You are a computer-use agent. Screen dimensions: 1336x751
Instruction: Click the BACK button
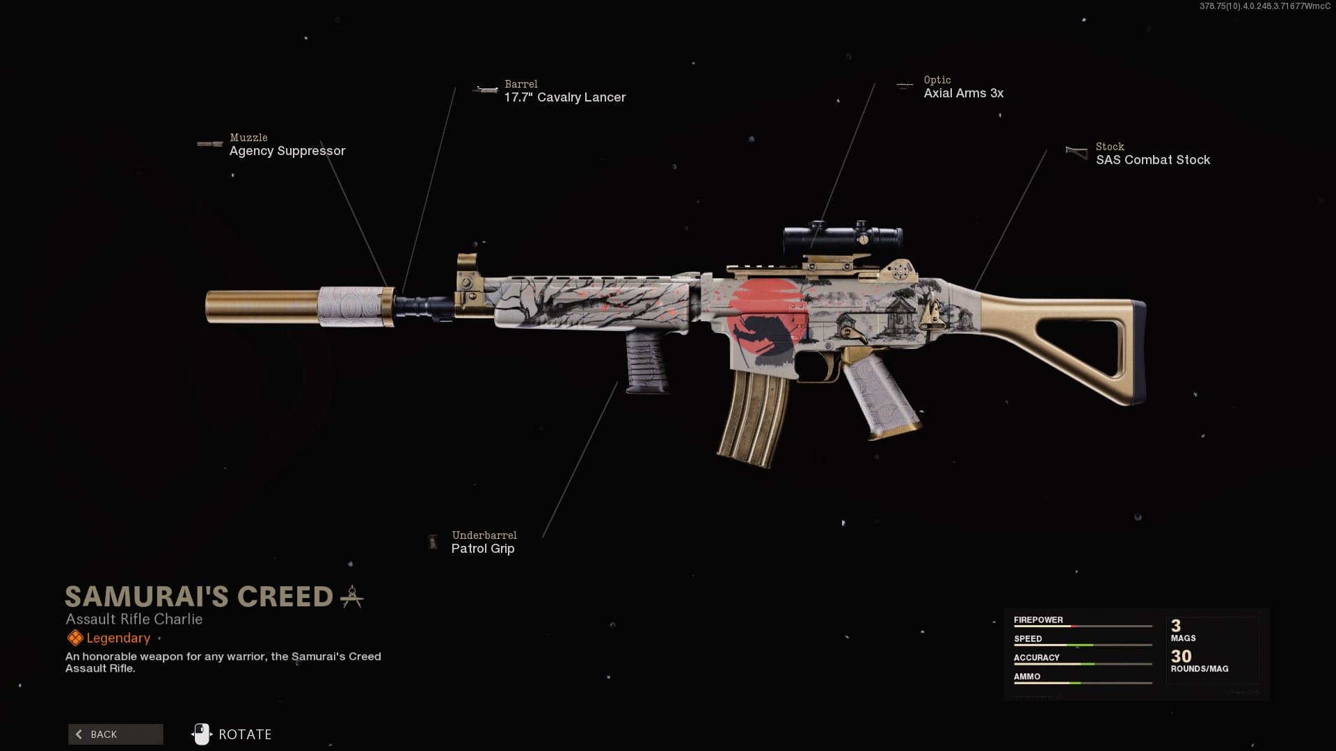tap(116, 734)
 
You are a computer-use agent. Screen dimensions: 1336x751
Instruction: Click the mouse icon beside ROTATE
tap(202, 734)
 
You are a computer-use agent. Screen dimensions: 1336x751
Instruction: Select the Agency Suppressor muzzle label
tap(287, 151)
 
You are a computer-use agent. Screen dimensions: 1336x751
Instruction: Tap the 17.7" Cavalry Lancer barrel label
tap(565, 97)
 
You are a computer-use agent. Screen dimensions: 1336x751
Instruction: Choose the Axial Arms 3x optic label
tap(964, 93)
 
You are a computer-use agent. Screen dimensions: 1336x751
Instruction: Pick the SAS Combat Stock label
tap(1153, 160)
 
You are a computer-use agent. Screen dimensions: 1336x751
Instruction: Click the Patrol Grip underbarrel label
tap(483, 549)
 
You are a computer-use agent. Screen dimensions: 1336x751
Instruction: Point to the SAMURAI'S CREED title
tap(199, 597)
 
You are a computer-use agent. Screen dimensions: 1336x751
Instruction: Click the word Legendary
tap(118, 638)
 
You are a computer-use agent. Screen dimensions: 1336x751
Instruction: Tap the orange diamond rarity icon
tap(75, 638)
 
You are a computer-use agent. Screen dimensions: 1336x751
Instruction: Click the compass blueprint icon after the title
tap(352, 597)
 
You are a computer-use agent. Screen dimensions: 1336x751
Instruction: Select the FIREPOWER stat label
tap(1038, 620)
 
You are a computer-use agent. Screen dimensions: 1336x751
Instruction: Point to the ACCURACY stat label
tap(1036, 657)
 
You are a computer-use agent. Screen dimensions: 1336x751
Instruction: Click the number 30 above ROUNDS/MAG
tap(1181, 656)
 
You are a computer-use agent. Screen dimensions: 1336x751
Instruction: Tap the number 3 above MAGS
tap(1176, 626)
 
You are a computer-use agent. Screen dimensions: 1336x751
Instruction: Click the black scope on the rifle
tap(842, 239)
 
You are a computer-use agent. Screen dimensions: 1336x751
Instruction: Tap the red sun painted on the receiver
tap(765, 317)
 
